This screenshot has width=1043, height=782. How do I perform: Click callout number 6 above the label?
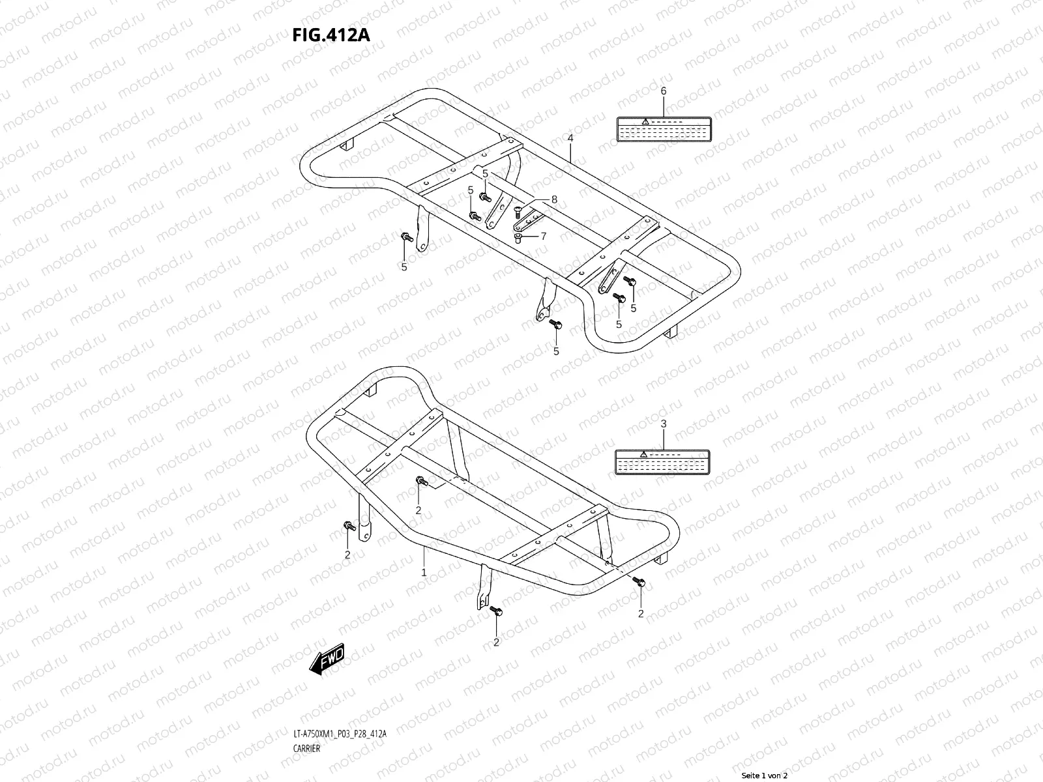[664, 91]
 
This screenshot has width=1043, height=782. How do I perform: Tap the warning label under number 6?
[663, 129]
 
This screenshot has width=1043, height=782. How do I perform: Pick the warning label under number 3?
[662, 461]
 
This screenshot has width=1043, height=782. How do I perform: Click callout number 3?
[664, 424]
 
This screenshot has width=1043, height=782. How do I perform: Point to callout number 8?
[554, 200]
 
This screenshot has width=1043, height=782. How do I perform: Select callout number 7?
[544, 235]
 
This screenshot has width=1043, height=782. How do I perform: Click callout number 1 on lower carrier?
[424, 572]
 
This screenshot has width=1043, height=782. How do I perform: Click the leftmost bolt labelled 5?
[405, 237]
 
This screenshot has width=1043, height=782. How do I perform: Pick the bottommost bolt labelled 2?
[496, 610]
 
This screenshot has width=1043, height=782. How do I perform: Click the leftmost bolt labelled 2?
[348, 525]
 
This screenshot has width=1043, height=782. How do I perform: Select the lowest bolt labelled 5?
[555, 324]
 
